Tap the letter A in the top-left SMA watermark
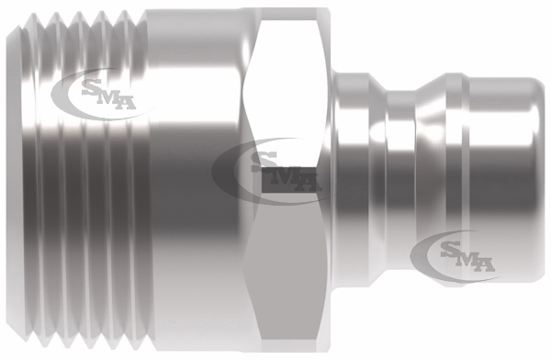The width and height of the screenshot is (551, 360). (126, 103)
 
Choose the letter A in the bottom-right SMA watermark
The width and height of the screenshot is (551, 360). (486, 265)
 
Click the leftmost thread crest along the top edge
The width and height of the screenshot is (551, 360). (33, 15)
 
